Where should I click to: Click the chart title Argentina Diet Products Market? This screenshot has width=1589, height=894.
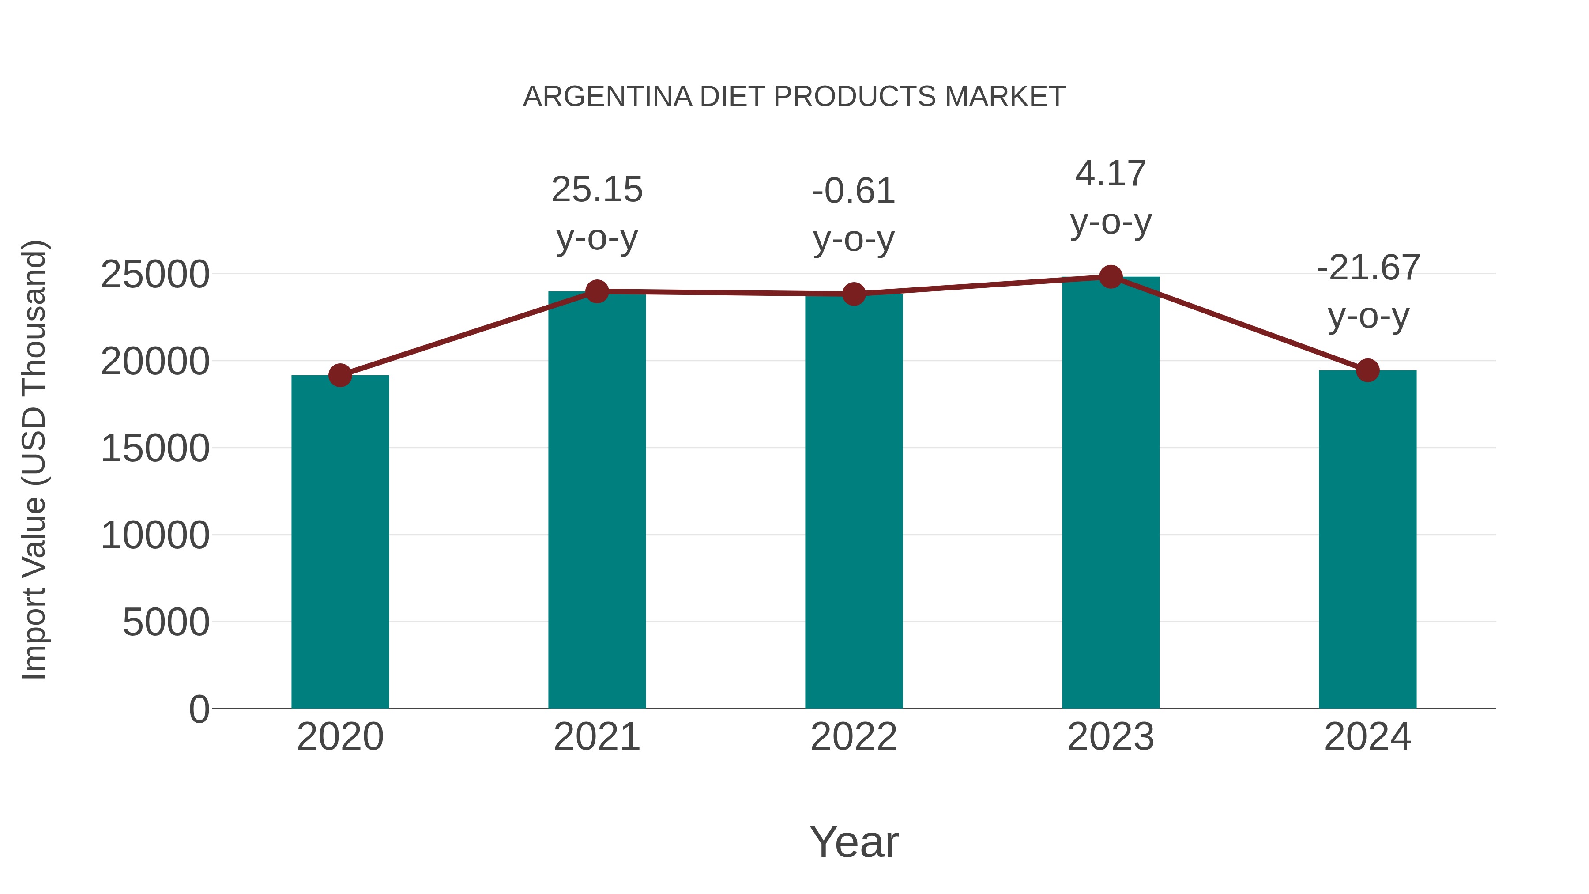[x=794, y=97]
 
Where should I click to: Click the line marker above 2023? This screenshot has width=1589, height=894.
[x=1111, y=277]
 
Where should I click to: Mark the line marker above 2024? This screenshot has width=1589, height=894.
[x=1367, y=370]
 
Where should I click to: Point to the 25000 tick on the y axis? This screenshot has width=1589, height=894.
[x=155, y=275]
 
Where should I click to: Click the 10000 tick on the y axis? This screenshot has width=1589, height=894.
[x=155, y=536]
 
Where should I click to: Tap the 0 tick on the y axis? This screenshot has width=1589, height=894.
[x=199, y=709]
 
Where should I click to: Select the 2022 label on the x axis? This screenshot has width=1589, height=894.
[x=854, y=737]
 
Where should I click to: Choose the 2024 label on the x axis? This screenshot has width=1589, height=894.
[x=1367, y=737]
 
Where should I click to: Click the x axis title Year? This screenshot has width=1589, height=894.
[x=854, y=841]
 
